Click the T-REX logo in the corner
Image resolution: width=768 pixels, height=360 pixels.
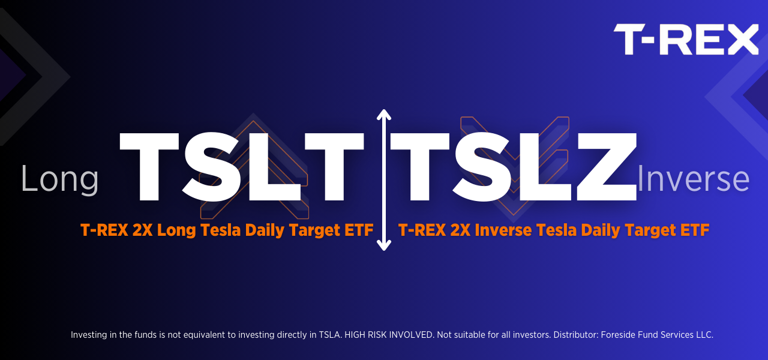pos(686,39)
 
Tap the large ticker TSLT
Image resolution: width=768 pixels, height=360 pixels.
pos(241,167)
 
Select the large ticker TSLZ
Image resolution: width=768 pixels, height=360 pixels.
pos(514,167)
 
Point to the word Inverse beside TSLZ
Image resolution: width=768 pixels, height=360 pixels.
pos(693,179)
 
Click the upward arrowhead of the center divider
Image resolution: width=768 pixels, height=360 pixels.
pos(383,115)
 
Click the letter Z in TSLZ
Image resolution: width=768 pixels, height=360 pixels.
pos(607,167)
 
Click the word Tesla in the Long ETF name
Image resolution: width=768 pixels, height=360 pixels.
pos(220,230)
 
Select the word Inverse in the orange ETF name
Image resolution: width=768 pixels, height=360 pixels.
pos(503,230)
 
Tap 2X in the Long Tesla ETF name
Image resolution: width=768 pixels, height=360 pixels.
pos(142,230)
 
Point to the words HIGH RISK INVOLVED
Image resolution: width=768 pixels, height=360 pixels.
pos(389,335)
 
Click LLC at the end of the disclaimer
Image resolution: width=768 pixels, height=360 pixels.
pos(704,335)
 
